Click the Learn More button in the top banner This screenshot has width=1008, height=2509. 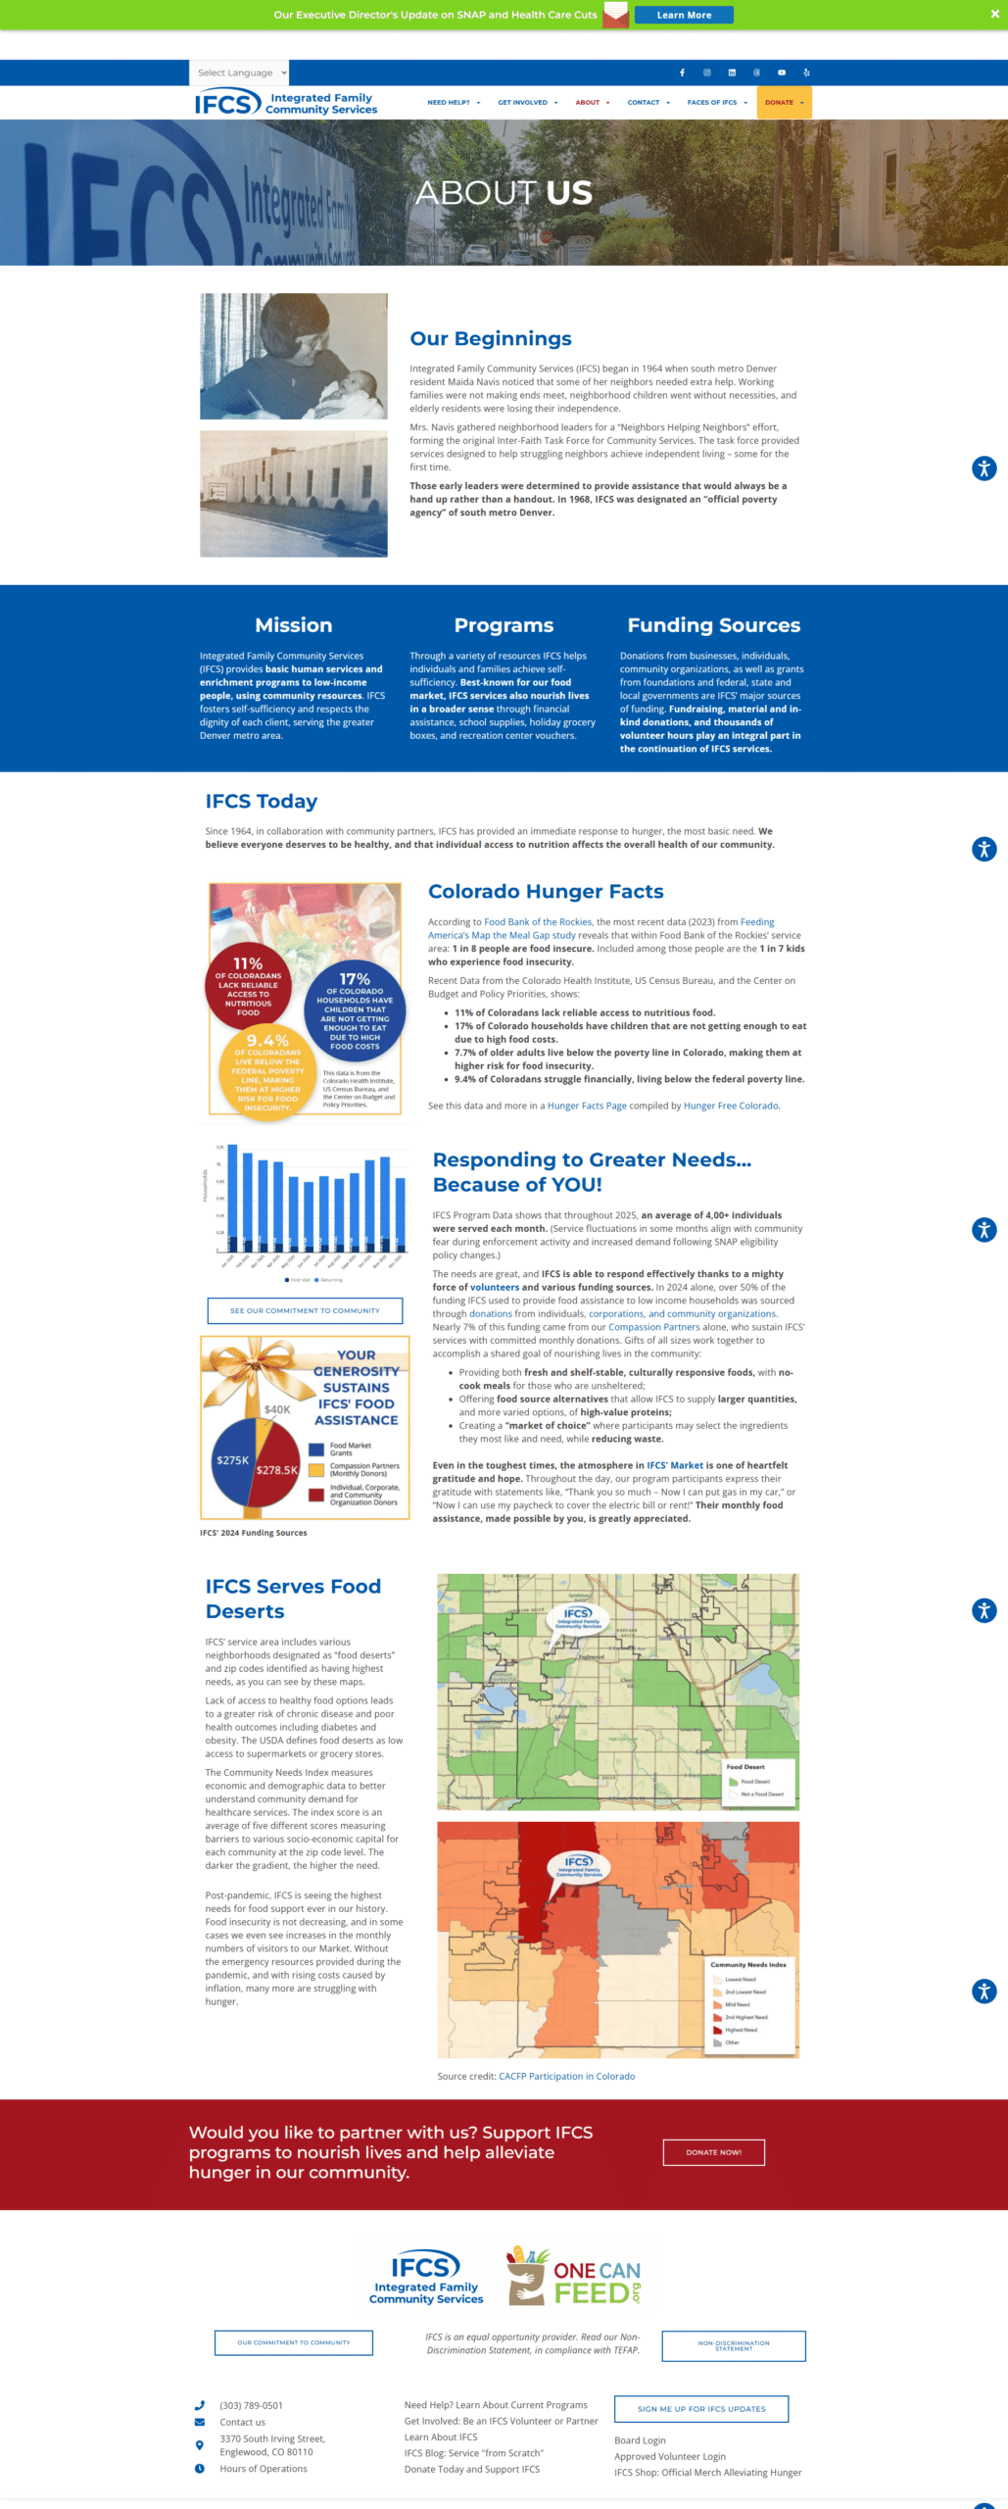[x=684, y=15]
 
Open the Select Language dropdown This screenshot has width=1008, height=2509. [x=240, y=73]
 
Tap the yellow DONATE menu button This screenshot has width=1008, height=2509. [x=784, y=103]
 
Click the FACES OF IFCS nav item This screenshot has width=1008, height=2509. [x=716, y=103]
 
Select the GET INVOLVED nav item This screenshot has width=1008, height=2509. [x=527, y=103]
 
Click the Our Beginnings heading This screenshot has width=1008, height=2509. [x=491, y=339]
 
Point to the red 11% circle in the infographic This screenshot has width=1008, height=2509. [x=248, y=984]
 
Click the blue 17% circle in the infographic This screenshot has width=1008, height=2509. [x=355, y=1009]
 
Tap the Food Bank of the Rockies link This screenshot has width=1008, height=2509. [x=538, y=922]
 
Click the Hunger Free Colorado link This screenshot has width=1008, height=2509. [x=731, y=1106]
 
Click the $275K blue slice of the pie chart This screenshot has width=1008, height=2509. [x=231, y=1461]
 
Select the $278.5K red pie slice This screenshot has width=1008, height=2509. [x=278, y=1469]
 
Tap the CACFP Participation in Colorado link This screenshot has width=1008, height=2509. [x=566, y=2077]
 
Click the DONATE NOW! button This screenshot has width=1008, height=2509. [x=713, y=2153]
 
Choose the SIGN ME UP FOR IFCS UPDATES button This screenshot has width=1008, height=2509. [x=700, y=2409]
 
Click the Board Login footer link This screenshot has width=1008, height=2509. [x=640, y=2440]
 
